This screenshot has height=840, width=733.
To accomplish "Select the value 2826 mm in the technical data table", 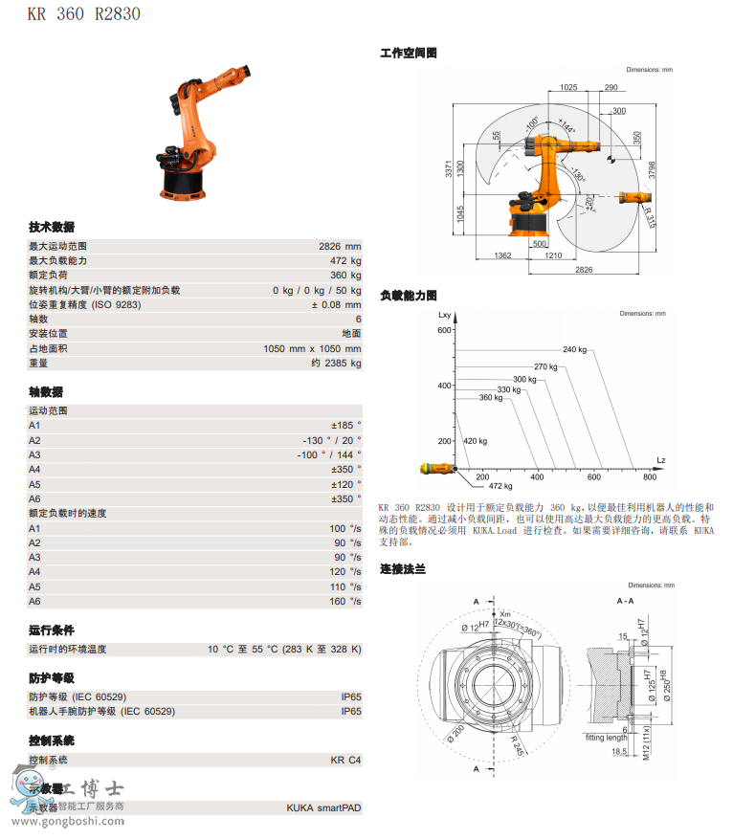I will click(x=340, y=246).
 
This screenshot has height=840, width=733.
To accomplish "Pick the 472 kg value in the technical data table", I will click(x=345, y=260).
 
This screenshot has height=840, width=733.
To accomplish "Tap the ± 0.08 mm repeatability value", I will click(x=336, y=304).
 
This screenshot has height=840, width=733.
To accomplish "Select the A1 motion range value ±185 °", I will click(x=345, y=425).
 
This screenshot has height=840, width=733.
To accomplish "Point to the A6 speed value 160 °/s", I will click(x=345, y=601).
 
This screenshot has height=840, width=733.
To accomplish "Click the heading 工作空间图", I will click(x=409, y=54).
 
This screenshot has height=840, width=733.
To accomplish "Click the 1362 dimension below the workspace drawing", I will click(x=501, y=255).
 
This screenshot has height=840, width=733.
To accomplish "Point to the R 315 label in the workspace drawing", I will click(x=649, y=217).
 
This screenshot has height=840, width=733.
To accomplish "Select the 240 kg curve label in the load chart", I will click(x=574, y=349).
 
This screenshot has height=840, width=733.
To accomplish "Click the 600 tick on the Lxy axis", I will click(x=443, y=330).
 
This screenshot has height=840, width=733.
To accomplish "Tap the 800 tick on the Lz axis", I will click(x=650, y=476).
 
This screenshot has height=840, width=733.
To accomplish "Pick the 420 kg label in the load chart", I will click(x=475, y=441).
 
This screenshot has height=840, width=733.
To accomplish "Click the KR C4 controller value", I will click(x=345, y=760).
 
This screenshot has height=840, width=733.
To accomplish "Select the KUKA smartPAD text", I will click(x=323, y=807).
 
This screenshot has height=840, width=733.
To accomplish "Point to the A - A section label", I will click(x=625, y=600).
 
